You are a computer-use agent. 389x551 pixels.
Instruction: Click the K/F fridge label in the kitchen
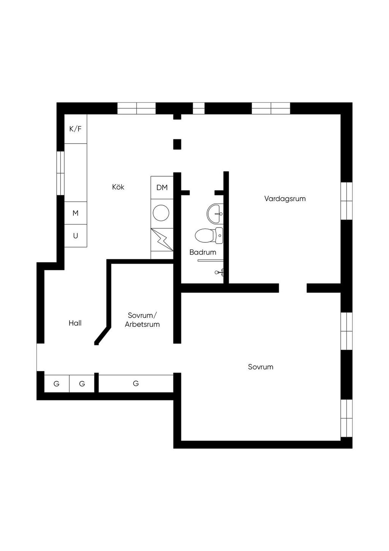[x=75, y=129]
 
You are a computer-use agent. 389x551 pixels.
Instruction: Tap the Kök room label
[x=118, y=187]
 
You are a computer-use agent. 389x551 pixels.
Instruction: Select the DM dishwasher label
[x=162, y=188]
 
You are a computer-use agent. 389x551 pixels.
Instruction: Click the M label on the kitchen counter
[x=75, y=213]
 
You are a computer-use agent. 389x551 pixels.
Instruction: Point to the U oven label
[x=76, y=236]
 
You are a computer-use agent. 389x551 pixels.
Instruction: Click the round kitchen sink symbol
[x=161, y=213]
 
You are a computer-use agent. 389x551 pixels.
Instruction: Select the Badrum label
[x=202, y=252]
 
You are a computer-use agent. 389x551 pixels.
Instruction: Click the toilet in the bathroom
[x=209, y=236]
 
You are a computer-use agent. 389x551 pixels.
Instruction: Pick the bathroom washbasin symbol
[x=215, y=213]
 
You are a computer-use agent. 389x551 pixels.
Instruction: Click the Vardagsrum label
[x=285, y=199]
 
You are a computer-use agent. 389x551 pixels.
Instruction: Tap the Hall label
[x=75, y=323]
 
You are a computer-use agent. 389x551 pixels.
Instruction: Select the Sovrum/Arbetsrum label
[x=142, y=320]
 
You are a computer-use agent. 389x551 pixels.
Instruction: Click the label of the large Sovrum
[x=261, y=367]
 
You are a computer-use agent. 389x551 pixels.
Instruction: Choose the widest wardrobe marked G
[x=136, y=383]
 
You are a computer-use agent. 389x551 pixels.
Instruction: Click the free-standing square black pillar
[x=177, y=144]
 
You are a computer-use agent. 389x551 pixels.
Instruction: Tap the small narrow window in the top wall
[x=199, y=108]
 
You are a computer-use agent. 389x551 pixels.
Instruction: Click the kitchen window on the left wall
[x=60, y=173]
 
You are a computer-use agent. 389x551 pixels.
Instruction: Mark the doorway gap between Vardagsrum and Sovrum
[x=293, y=288]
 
